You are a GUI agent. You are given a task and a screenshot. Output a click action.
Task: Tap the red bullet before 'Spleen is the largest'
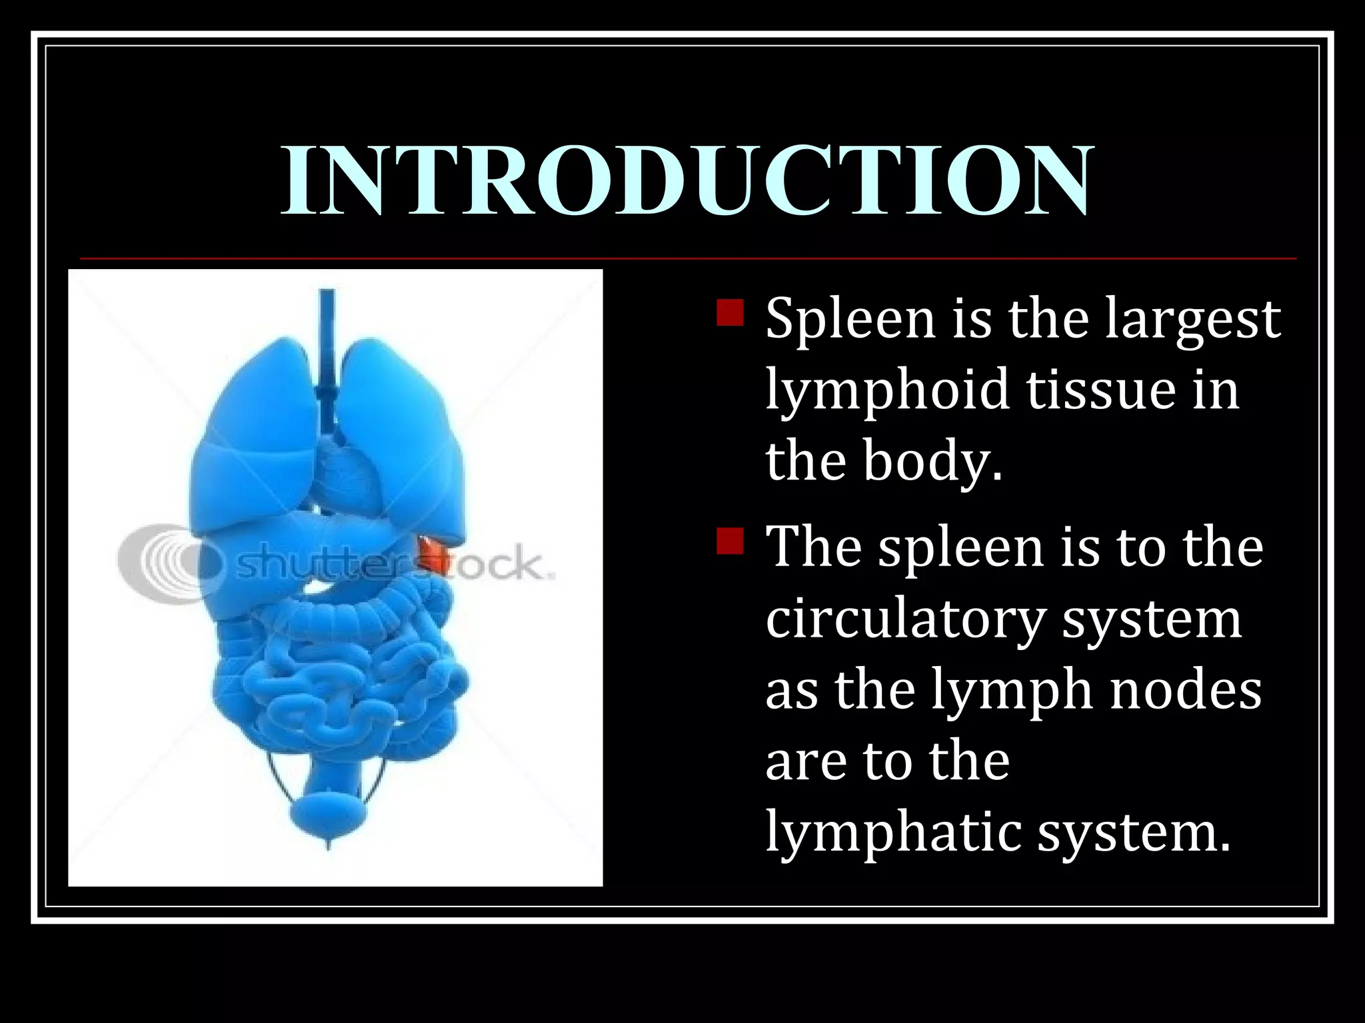click(x=730, y=312)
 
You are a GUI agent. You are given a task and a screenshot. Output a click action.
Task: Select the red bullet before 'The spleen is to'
click(x=730, y=541)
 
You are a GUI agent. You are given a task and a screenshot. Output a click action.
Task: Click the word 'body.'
click(x=933, y=461)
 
